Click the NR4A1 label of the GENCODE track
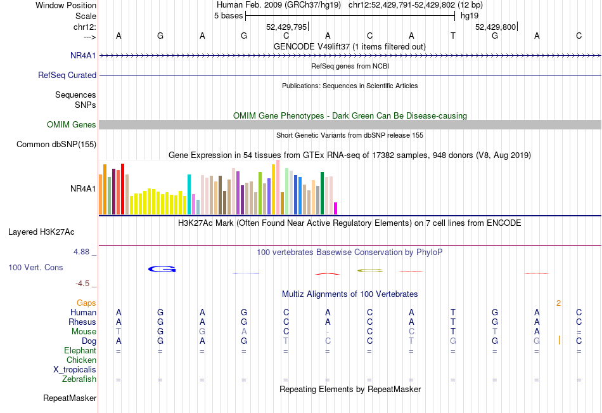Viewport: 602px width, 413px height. pyautogui.click(x=83, y=55)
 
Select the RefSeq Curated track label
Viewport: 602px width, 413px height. pyautogui.click(x=67, y=75)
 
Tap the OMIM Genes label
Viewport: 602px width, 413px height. pyautogui.click(x=72, y=125)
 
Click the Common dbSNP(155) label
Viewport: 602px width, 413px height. pyautogui.click(x=56, y=145)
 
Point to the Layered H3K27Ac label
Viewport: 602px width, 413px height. pyautogui.click(x=41, y=232)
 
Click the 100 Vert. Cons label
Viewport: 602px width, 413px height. pyautogui.click(x=35, y=268)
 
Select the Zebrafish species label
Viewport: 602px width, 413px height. pyautogui.click(x=79, y=379)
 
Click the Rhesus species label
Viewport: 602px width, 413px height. pyautogui.click(x=82, y=322)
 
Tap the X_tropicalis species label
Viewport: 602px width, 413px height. pyautogui.click(x=75, y=369)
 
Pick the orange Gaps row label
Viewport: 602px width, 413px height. pyautogui.click(x=86, y=303)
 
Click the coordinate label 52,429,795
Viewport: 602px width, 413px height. pyautogui.click(x=286, y=27)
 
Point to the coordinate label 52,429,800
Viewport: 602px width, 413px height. pyautogui.click(x=496, y=27)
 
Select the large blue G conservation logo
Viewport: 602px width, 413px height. pyautogui.click(x=162, y=270)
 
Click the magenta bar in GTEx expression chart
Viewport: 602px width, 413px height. pyautogui.click(x=335, y=208)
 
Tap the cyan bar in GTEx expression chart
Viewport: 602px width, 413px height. pyautogui.click(x=189, y=194)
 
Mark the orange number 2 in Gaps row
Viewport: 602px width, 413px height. pyautogui.click(x=558, y=303)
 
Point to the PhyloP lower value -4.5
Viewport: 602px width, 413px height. pyautogui.click(x=86, y=284)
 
